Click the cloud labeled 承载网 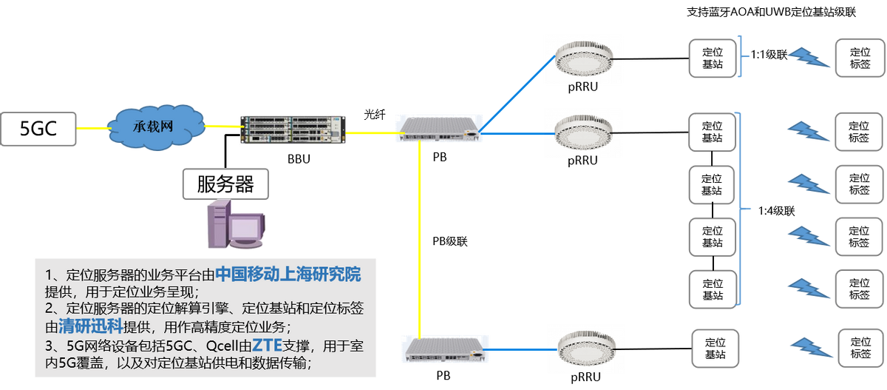[157, 127]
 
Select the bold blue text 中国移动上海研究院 [288, 275]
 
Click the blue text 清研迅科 [79, 327]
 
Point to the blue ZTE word [268, 344]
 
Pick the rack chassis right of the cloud [293, 130]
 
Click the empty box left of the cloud [39, 129]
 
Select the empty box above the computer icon [225, 184]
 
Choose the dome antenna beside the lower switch [585, 346]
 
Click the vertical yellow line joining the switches [419, 237]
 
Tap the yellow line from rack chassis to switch [371, 133]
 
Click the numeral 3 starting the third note [49, 346]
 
